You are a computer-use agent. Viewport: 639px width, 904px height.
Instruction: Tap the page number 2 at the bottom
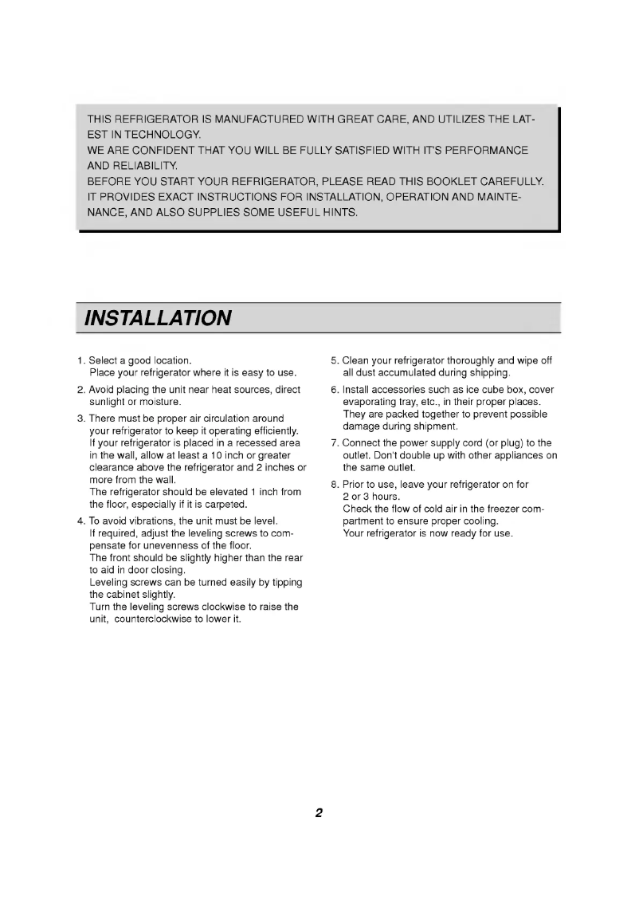point(319,814)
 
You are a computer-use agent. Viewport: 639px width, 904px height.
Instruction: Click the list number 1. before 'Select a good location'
point(82,360)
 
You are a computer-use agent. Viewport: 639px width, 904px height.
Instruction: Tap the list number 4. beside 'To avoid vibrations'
point(82,521)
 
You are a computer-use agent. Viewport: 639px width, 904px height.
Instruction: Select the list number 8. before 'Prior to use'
point(335,485)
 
